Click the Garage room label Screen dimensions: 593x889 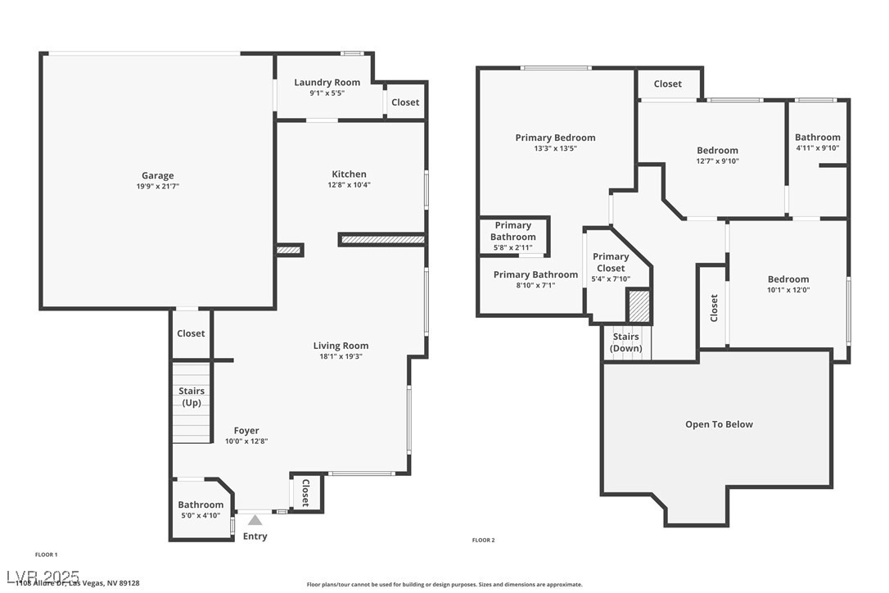click(x=157, y=175)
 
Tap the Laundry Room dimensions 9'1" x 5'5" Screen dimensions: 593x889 click(x=327, y=93)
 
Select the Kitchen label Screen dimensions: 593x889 click(x=349, y=174)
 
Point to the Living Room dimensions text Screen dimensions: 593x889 click(x=341, y=356)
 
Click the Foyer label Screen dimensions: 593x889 click(x=246, y=430)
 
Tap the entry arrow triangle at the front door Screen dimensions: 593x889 click(x=255, y=519)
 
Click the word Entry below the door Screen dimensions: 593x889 click(x=255, y=536)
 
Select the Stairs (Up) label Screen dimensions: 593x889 click(x=192, y=396)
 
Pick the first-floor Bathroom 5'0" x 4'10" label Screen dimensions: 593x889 click(x=201, y=505)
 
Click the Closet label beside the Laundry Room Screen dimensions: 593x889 click(x=405, y=102)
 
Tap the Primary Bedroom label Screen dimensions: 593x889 click(x=555, y=138)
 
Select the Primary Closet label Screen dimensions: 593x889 click(x=611, y=262)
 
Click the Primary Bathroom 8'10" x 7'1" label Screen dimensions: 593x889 click(x=535, y=274)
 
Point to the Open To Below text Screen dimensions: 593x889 click(x=719, y=424)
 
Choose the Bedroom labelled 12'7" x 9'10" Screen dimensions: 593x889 click(x=717, y=150)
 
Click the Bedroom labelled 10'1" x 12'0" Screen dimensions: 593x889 click(x=787, y=279)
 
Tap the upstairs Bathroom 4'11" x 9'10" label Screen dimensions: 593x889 click(x=817, y=138)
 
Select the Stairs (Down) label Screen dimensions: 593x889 click(x=626, y=342)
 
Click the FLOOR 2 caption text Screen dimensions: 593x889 click(x=484, y=540)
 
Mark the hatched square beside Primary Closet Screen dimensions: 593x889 click(x=639, y=306)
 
